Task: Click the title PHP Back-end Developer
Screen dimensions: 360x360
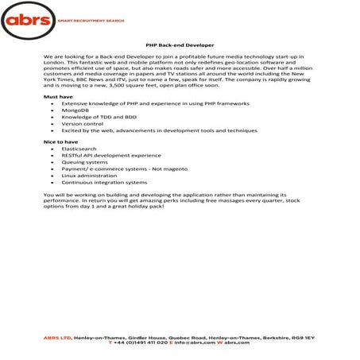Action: coord(180,47)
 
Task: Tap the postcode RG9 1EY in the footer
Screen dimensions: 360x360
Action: coord(303,338)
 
